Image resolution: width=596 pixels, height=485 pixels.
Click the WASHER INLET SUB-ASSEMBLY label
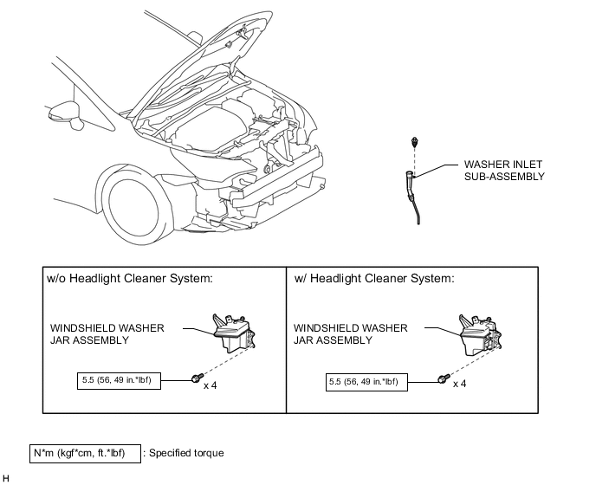(504, 171)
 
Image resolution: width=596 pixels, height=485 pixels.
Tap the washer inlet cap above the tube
(414, 142)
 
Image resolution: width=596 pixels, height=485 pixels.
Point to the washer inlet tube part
(412, 197)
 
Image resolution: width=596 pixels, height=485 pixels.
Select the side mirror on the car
(66, 115)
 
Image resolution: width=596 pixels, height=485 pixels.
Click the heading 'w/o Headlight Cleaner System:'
(130, 279)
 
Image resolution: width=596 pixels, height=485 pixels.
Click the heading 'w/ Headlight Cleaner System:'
(374, 279)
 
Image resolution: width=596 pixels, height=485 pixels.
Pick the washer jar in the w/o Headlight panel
(234, 333)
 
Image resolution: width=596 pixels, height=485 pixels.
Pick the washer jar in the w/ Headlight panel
(480, 335)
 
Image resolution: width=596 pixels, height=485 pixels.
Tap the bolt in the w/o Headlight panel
(197, 378)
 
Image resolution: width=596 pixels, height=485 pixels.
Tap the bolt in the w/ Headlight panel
(444, 378)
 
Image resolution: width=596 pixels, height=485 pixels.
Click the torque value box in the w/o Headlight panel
(119, 381)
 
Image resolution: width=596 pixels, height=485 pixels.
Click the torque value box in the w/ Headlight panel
(366, 382)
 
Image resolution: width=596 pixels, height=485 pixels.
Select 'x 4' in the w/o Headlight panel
(211, 385)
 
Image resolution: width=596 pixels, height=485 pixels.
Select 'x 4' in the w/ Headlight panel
(459, 384)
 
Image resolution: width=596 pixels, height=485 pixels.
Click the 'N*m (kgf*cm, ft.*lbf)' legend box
(85, 454)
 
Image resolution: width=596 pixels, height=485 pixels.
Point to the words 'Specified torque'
(186, 453)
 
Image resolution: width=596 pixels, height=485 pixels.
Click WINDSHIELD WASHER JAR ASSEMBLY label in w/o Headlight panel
(107, 333)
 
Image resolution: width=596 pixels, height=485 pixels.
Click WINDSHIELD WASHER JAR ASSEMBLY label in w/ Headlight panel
(351, 333)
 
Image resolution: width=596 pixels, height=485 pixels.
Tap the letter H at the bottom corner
(6, 479)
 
